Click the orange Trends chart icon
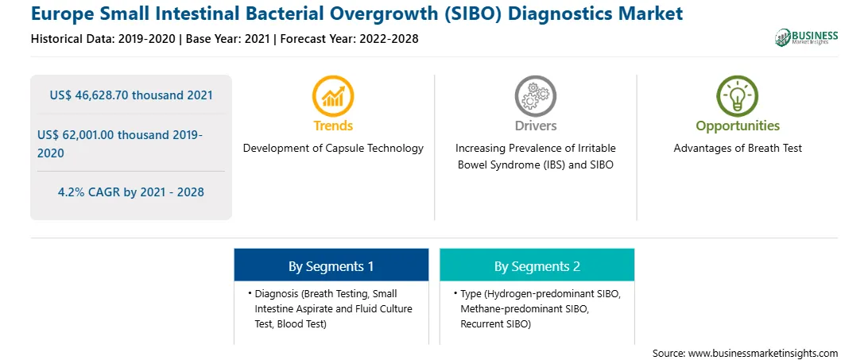point(333,96)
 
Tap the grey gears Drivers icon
point(535,96)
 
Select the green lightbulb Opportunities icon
point(738,96)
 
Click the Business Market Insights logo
point(807,37)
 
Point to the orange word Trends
point(333,126)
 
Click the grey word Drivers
point(535,126)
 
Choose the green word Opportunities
point(738,126)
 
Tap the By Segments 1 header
point(331,266)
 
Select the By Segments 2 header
point(537,266)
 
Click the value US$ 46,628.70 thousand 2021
point(131,95)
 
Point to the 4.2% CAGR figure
point(131,192)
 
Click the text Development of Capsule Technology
point(333,149)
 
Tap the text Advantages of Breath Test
point(738,149)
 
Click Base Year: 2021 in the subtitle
point(227,39)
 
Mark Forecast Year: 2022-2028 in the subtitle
point(347,39)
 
